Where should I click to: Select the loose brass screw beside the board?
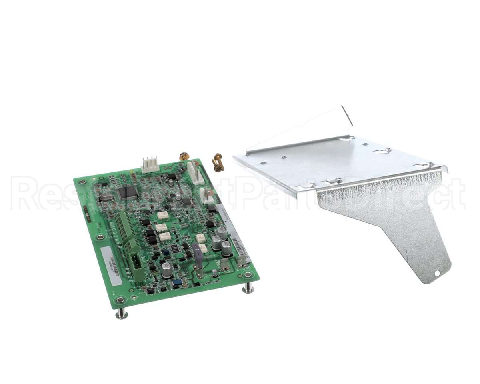[x=218, y=162]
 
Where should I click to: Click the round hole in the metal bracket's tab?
[x=437, y=274]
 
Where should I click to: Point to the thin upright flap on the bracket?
[x=347, y=116]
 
